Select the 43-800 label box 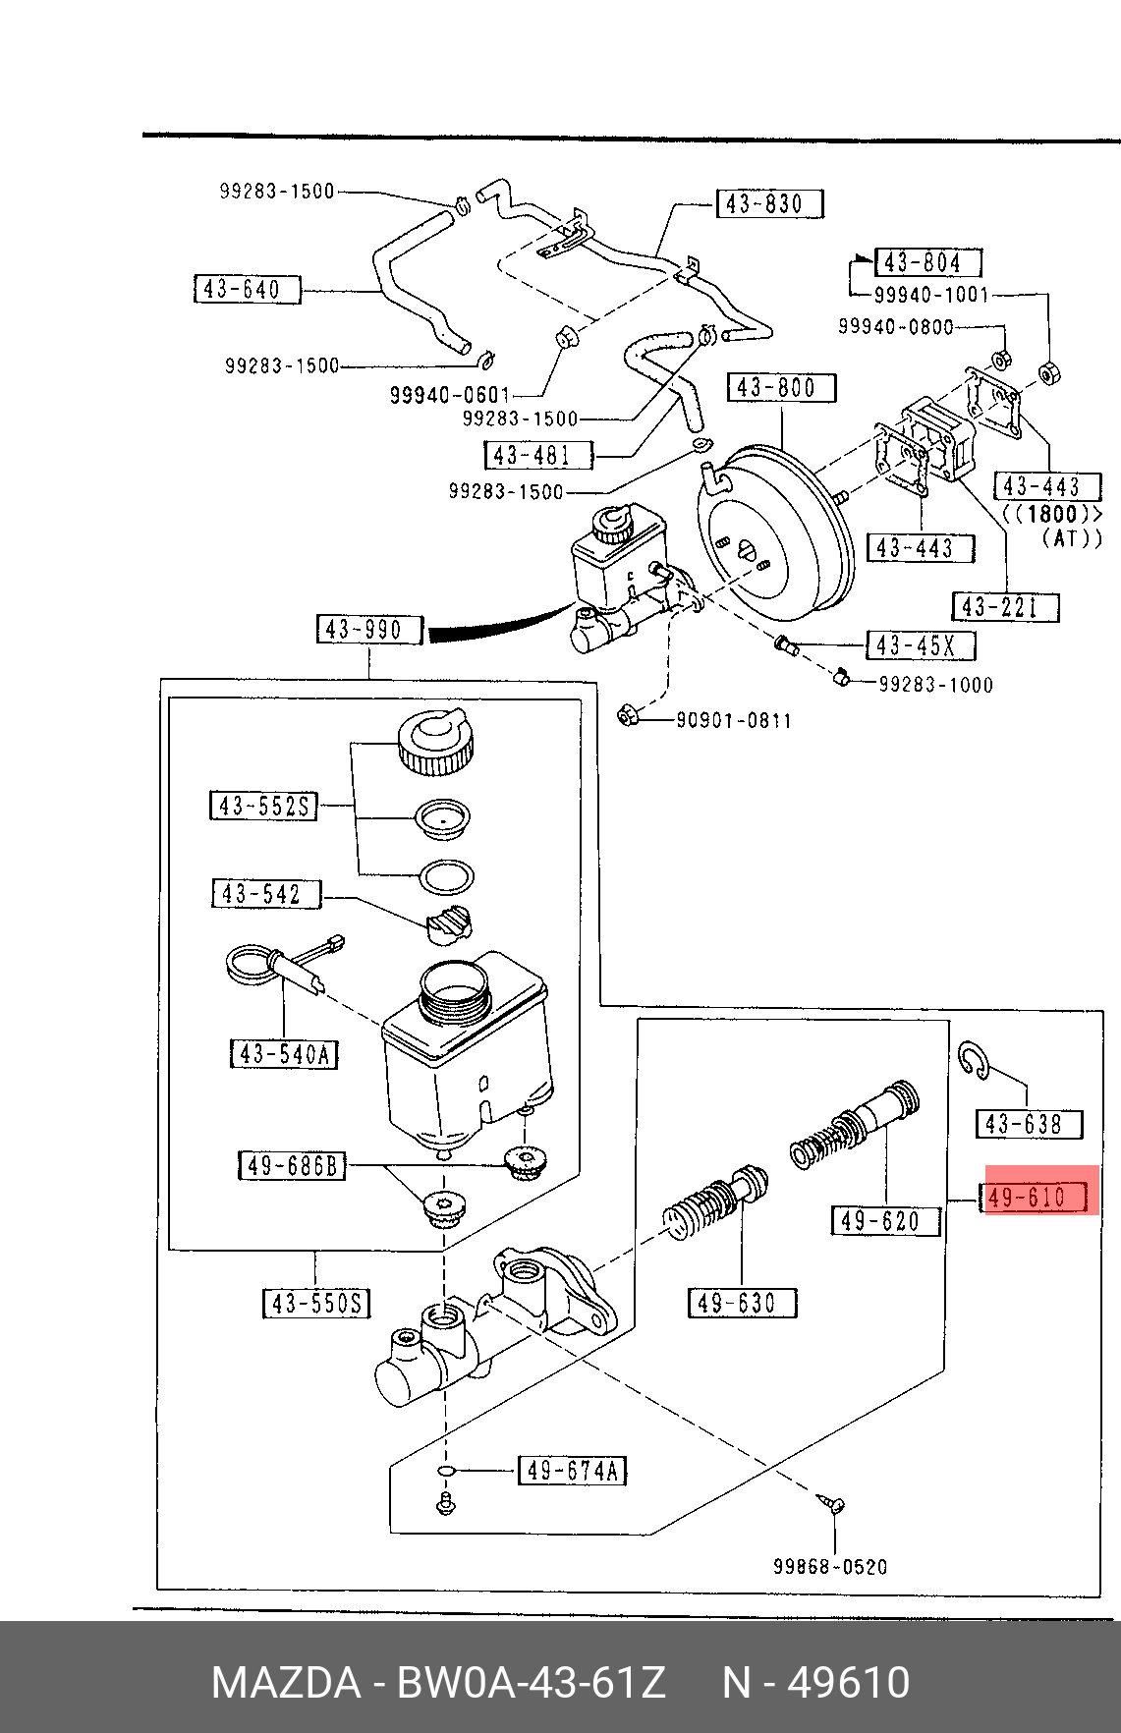(x=781, y=388)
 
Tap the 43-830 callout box (x=769, y=204)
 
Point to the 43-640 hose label (x=247, y=290)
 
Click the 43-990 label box (x=369, y=630)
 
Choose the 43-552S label (x=263, y=807)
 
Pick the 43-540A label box (x=284, y=1054)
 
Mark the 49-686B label (x=292, y=1166)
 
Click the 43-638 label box (x=1029, y=1124)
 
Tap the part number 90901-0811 (x=734, y=721)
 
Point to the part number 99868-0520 (x=830, y=1567)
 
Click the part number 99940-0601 (x=450, y=395)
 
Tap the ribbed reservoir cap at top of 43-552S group (x=435, y=742)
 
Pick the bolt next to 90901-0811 (x=627, y=715)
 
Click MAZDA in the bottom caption (x=286, y=1682)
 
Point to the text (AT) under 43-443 (x=1072, y=538)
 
